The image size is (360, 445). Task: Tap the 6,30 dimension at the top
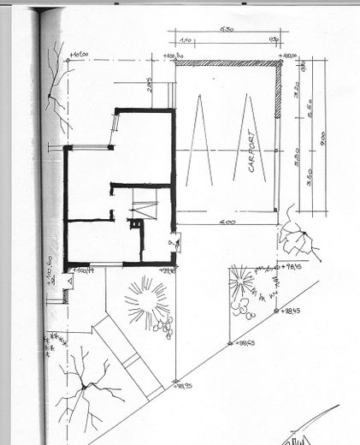pyautogui.click(x=227, y=30)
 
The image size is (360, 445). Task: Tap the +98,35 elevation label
pyautogui.click(x=181, y=386)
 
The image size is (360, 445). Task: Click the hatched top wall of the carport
pyautogui.click(x=227, y=62)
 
